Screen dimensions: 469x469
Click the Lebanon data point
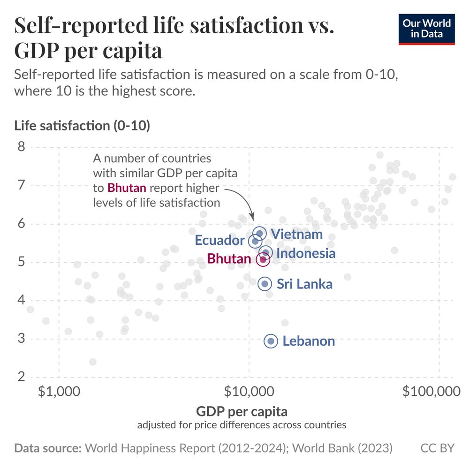tap(270, 341)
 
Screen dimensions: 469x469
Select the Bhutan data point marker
tap(263, 259)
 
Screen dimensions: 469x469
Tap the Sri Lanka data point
tap(265, 283)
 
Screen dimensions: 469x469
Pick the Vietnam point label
tap(297, 234)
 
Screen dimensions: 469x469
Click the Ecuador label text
tap(219, 241)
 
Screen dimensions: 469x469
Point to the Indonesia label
tap(306, 253)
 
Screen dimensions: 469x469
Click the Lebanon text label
tap(309, 341)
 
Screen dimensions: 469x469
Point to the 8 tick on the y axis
tap(22, 147)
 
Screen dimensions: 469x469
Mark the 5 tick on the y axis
tap(22, 262)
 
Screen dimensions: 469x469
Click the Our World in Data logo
tap(427, 29)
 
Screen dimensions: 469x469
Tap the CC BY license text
tap(437, 448)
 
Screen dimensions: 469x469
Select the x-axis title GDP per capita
tap(242, 412)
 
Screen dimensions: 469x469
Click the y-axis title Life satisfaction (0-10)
tap(82, 126)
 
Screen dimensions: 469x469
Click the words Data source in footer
tap(48, 448)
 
